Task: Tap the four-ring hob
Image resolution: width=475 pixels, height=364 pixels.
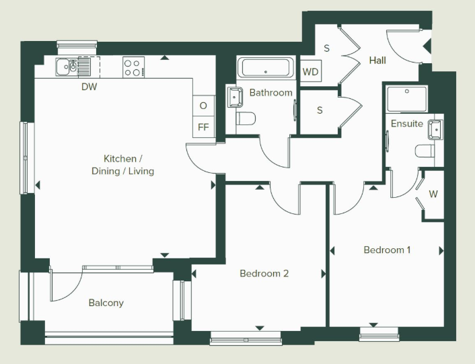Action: pos(134,67)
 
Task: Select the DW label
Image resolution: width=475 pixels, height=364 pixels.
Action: pos(89,87)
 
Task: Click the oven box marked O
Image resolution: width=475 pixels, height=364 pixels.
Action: pos(204,106)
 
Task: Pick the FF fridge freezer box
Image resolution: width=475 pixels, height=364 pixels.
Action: pos(204,127)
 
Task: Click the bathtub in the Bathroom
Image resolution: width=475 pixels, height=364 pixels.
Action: pos(265,67)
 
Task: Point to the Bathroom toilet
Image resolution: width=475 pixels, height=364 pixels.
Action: pos(246,118)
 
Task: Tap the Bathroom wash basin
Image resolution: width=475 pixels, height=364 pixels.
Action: pos(234,97)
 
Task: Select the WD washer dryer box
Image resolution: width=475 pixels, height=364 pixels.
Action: pos(311,72)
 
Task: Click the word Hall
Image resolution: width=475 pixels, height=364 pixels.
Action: pos(377,61)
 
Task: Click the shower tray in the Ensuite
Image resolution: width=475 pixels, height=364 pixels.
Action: pos(407,99)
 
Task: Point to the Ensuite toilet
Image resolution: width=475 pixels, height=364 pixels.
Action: pos(425,151)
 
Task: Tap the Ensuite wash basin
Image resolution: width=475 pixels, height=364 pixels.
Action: pos(435,130)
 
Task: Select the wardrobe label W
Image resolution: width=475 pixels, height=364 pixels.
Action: pos(433,194)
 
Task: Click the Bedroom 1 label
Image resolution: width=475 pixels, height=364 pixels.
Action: pos(387,250)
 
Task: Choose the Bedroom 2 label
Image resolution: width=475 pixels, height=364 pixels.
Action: pos(264,273)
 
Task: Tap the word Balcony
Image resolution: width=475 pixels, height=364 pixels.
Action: pos(106,303)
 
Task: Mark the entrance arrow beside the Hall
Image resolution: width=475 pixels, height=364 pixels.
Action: pos(427,47)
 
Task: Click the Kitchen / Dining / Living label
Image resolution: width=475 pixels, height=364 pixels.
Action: pos(122,165)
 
